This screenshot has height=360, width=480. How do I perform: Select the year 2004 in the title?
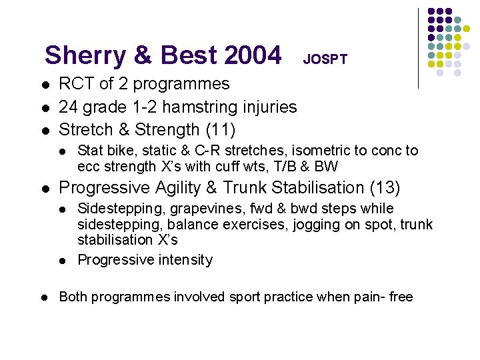point(253,55)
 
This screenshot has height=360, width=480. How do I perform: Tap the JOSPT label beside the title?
point(325,59)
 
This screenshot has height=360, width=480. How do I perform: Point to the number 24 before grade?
point(68,107)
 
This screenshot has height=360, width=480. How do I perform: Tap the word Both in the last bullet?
point(73,297)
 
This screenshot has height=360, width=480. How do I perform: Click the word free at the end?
point(401,297)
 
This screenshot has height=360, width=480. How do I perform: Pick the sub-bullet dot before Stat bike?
point(62,151)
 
